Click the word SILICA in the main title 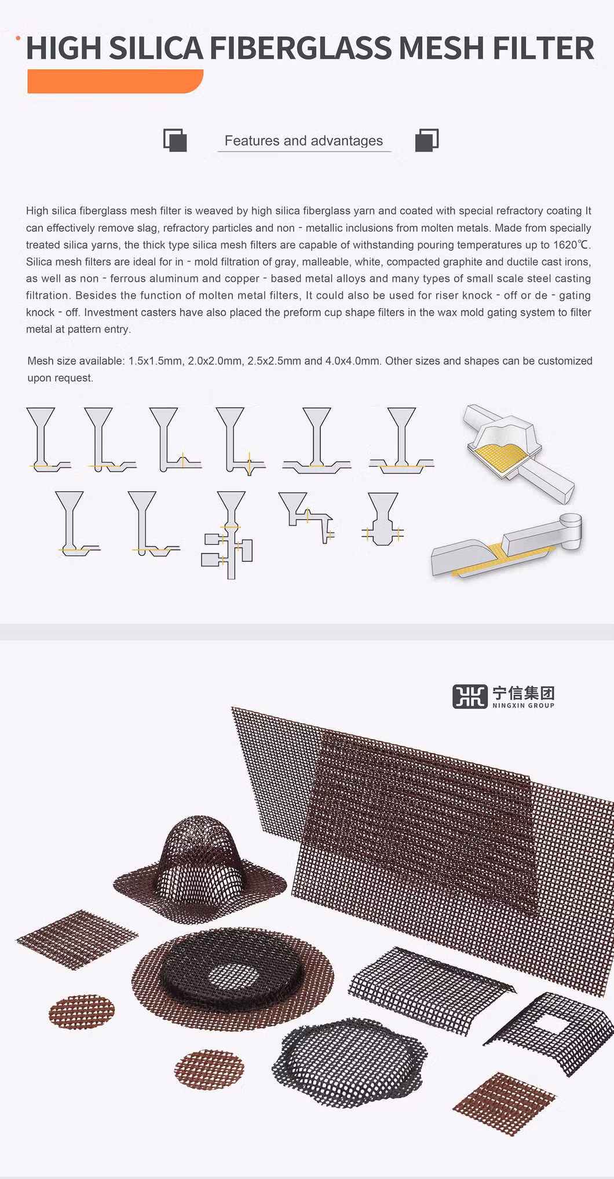156,48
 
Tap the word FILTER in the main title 543,48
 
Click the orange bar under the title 115,81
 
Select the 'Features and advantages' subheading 304,141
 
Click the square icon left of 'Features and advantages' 175,140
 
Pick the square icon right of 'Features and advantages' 427,140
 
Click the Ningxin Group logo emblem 470,697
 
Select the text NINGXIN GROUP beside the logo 523,705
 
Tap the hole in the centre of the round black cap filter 234,977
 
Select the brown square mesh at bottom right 503,1104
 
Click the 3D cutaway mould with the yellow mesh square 517,453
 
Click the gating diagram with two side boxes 228,535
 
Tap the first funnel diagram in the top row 47,440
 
